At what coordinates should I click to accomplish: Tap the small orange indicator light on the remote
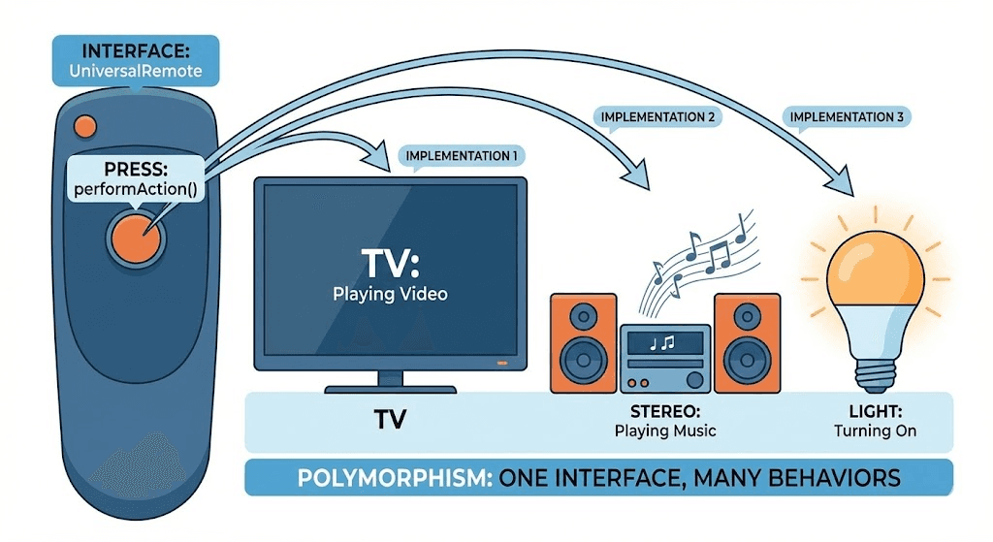point(86,125)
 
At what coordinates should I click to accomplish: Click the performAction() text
point(135,189)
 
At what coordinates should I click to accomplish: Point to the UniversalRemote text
point(136,71)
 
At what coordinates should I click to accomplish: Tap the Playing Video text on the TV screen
point(390,293)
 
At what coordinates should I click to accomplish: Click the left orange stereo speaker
point(583,343)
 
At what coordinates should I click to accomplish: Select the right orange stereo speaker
point(747,343)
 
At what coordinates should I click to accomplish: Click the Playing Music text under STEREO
point(665,430)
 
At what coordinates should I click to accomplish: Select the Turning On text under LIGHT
point(875,430)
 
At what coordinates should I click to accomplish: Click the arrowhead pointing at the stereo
point(635,175)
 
